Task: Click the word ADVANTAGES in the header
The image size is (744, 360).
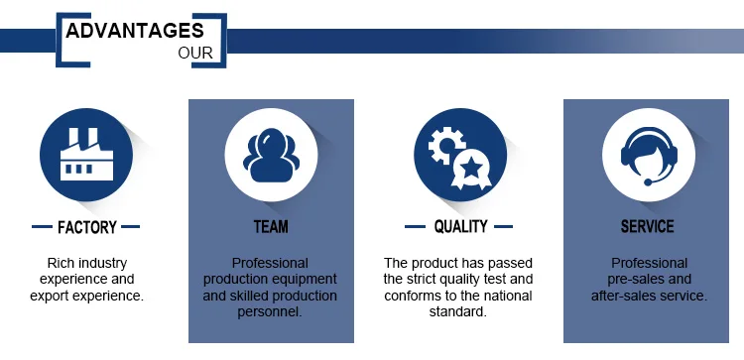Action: click(x=135, y=31)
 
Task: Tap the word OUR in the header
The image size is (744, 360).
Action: click(x=195, y=54)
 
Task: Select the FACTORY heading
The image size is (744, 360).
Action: click(x=87, y=227)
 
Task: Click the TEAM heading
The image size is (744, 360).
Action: click(x=271, y=227)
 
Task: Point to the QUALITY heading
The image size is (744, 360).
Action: click(x=460, y=227)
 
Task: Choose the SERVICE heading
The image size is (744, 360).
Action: click(x=647, y=227)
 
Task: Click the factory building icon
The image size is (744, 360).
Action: click(x=86, y=155)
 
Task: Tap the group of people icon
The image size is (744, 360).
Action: click(x=271, y=156)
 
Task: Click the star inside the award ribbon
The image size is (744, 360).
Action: click(x=472, y=167)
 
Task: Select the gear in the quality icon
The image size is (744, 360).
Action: click(x=445, y=145)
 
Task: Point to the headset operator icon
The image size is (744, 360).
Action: click(x=649, y=156)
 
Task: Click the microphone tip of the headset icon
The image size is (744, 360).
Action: click(x=648, y=182)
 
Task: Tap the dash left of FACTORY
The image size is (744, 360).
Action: click(x=42, y=227)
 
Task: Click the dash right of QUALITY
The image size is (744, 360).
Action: click(x=503, y=227)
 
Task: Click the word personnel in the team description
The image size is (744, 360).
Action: click(x=270, y=312)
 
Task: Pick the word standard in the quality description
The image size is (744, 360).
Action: click(x=458, y=311)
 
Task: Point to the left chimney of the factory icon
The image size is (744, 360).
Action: click(x=74, y=137)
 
